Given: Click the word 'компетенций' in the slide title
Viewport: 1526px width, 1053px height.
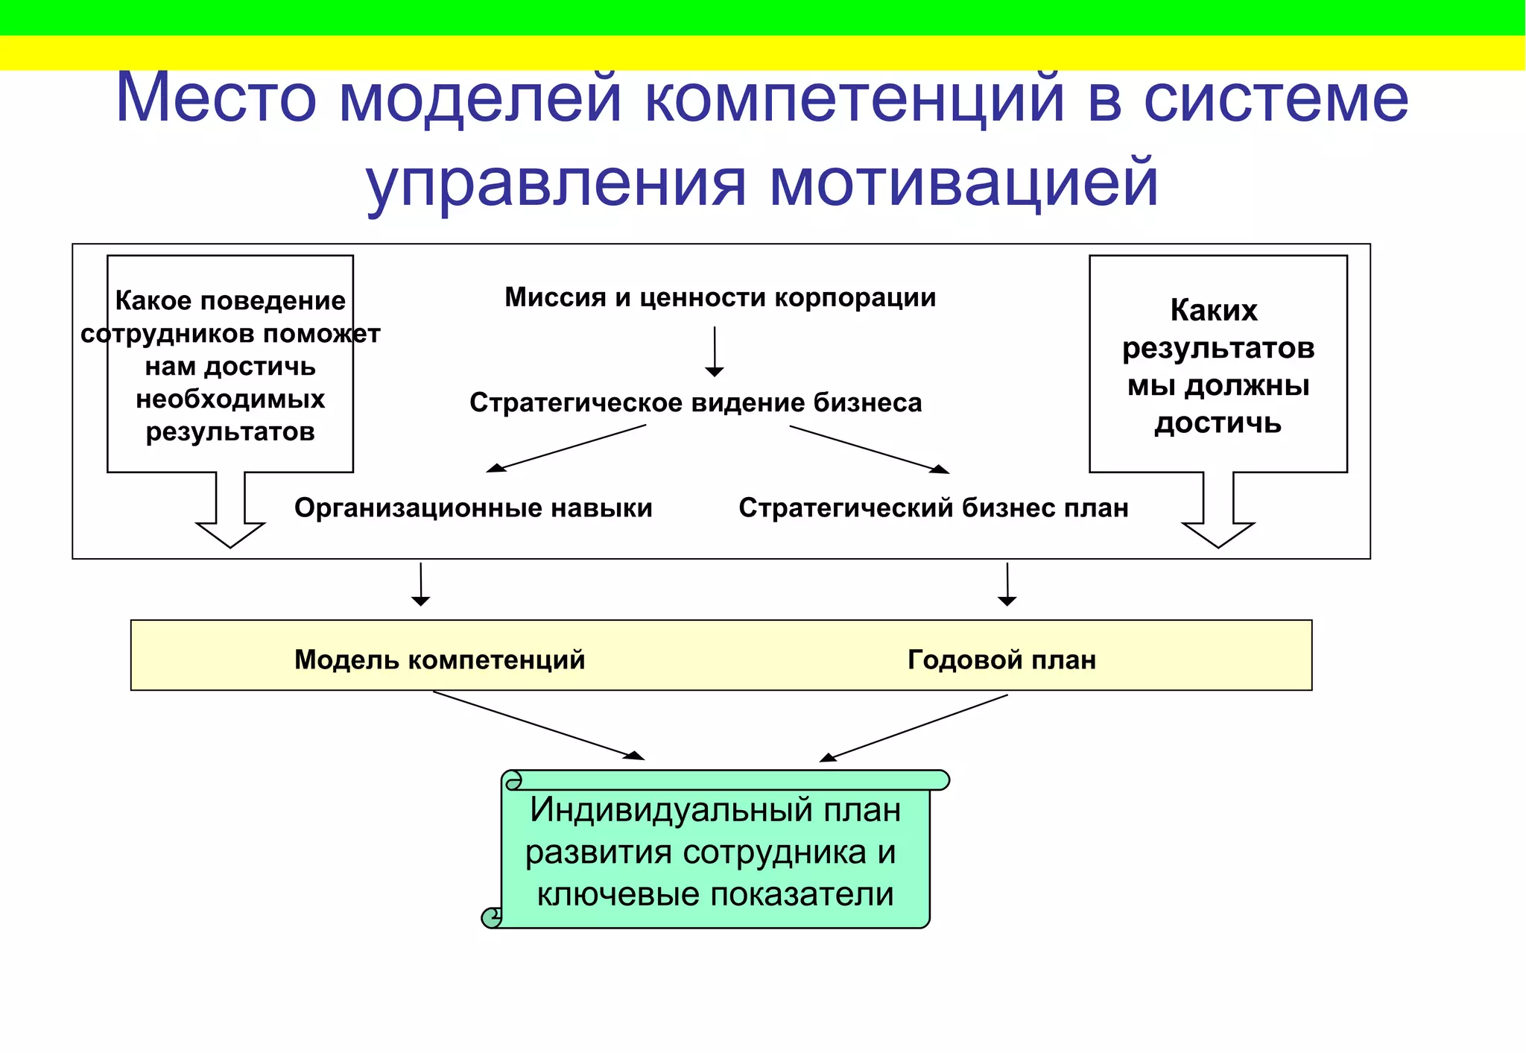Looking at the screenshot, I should tap(854, 98).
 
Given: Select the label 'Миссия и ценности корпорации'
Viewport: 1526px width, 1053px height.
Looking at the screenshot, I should tap(720, 297).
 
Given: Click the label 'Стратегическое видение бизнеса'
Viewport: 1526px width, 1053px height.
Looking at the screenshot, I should tap(695, 402).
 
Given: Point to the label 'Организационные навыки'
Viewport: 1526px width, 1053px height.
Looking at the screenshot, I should tap(473, 507).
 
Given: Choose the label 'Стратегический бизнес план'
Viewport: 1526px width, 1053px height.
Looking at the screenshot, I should tap(933, 507).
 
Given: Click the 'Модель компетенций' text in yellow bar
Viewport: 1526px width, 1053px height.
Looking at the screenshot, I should tap(440, 660).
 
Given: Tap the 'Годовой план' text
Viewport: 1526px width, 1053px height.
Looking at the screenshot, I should tap(1001, 660).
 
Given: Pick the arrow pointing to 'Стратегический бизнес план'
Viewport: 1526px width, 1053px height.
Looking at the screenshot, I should tap(869, 449).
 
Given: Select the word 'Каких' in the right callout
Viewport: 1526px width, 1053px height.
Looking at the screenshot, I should tap(1214, 310).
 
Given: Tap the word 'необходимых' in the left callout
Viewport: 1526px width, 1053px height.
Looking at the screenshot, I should tap(230, 399).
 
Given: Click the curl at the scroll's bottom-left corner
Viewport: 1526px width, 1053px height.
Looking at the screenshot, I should tap(492, 917).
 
